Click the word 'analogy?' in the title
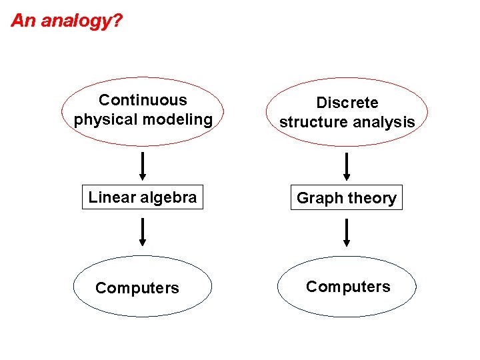click(81, 21)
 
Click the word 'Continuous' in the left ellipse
click(143, 100)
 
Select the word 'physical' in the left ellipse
click(102, 120)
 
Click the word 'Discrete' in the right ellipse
click(347, 103)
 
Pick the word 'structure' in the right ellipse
click(310, 123)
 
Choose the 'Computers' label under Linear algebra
click(137, 288)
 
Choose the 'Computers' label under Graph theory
click(348, 287)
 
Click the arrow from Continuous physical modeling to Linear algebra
click(143, 166)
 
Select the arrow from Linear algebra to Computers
click(143, 231)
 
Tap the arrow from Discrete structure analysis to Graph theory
click(347, 167)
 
